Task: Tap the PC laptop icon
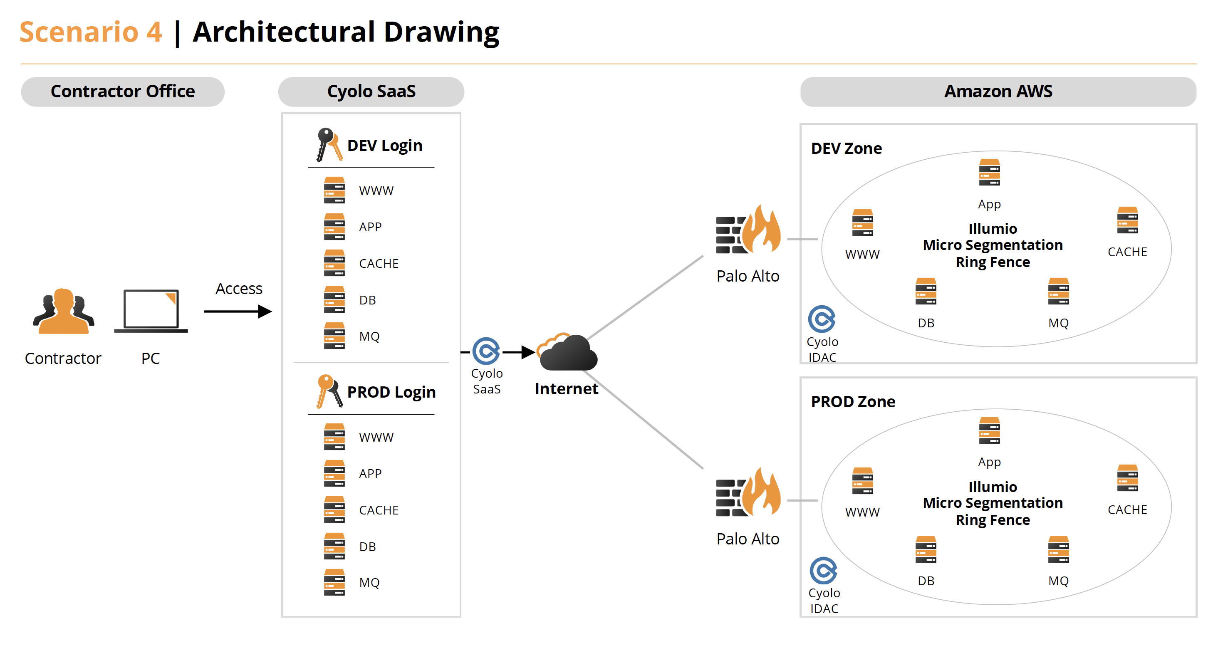click(x=151, y=311)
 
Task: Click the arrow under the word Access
click(x=238, y=312)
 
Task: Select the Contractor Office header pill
click(x=122, y=92)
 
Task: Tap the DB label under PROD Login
click(x=367, y=547)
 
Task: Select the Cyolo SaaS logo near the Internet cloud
click(x=486, y=351)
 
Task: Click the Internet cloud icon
click(x=568, y=353)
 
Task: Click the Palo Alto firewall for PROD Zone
click(x=748, y=493)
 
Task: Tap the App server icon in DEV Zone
click(x=989, y=173)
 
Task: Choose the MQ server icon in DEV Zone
click(x=1058, y=292)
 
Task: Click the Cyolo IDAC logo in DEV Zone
click(x=822, y=319)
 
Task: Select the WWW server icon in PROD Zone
click(x=862, y=481)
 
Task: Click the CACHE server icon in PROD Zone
click(x=1127, y=478)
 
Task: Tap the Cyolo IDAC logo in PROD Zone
click(x=823, y=571)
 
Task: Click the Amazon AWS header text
click(x=998, y=92)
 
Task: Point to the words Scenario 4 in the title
click(x=91, y=32)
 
